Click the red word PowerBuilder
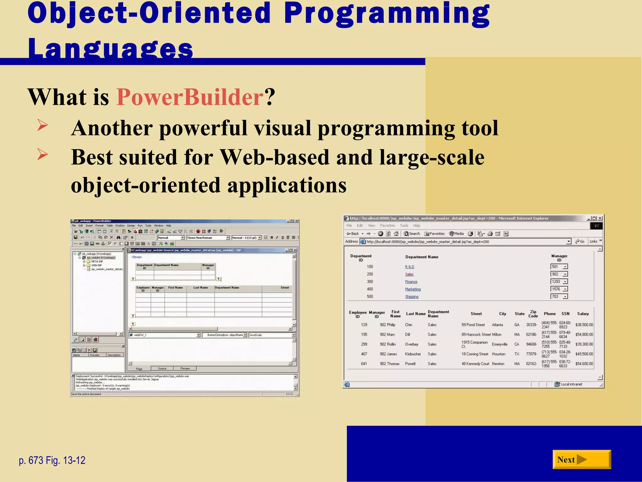pos(190,97)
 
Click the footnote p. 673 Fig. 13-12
pos(52,460)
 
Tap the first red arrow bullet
pos(42,125)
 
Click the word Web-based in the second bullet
pos(275,157)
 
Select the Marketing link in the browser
pos(413,289)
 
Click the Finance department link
pos(411,282)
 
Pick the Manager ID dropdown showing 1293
pos(559,281)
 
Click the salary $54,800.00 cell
pos(584,335)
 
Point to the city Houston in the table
pos(498,354)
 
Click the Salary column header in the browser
pos(583,313)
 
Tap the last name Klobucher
pos(413,354)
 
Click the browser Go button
pos(580,241)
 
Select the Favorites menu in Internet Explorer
pos(387,225)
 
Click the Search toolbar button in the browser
pos(412,233)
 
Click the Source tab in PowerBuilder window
pos(162,368)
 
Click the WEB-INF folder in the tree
pos(96,265)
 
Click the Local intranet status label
pos(571,384)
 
